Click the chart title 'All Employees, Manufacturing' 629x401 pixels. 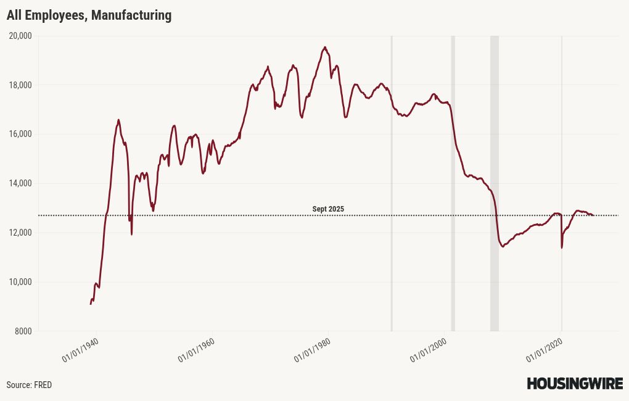89,15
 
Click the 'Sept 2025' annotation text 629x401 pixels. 328,209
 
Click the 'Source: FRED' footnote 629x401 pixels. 29,385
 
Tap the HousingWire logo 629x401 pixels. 574,384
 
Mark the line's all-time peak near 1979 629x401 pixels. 325,47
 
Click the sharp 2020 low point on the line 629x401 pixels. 562,247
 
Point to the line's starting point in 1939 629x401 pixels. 91,304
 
